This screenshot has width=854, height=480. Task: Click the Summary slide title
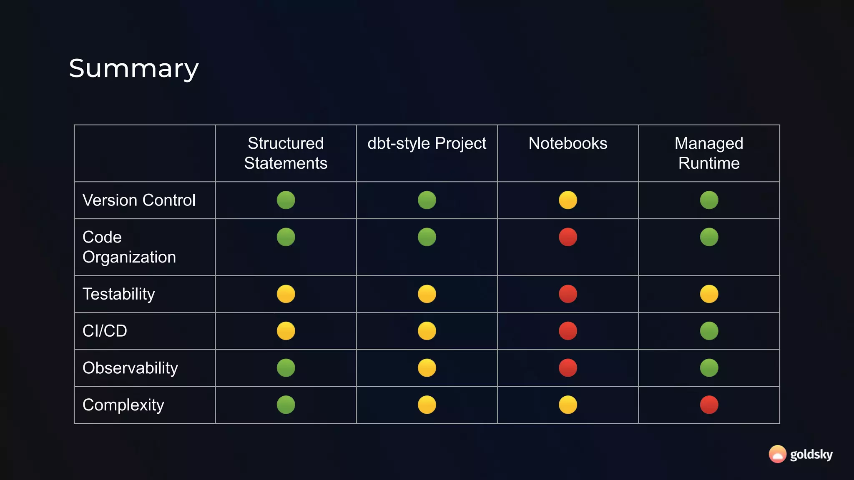coord(133,69)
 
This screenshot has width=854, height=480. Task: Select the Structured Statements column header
coord(286,153)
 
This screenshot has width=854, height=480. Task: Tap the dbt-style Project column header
coord(427,143)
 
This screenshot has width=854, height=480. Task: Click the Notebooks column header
coord(568,143)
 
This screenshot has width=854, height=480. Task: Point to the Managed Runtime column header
coord(709,153)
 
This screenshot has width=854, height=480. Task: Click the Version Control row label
coord(139,200)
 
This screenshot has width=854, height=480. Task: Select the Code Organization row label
coord(129,247)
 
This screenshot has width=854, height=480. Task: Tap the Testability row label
coord(119,294)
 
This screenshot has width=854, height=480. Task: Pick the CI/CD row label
coord(105,331)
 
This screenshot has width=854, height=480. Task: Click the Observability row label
coord(130,368)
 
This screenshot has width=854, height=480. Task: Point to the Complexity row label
coord(123,405)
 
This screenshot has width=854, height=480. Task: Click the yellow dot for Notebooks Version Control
coord(568,200)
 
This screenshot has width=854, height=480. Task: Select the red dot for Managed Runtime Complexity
coord(709,405)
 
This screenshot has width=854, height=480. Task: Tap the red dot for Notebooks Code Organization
coord(568,237)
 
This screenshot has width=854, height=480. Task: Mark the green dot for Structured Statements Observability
coord(286,368)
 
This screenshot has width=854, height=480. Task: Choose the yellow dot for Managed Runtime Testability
coord(709,294)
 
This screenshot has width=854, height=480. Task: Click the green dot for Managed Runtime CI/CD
coord(709,331)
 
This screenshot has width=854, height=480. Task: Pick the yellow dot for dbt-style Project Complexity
coord(427,405)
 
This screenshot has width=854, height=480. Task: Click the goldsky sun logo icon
coord(777,454)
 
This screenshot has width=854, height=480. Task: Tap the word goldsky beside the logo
coord(811,455)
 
